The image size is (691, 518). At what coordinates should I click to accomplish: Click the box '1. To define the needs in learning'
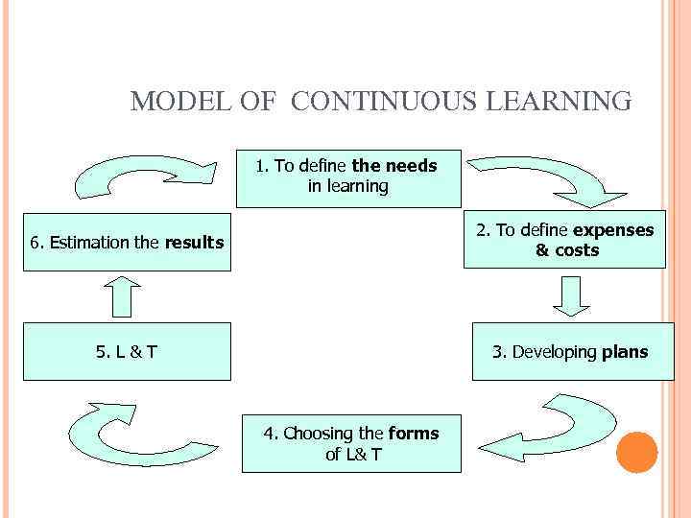click(348, 177)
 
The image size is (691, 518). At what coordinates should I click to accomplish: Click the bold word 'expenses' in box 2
click(613, 230)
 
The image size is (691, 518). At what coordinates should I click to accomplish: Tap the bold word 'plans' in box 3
click(625, 352)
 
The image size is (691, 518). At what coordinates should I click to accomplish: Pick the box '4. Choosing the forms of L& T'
click(351, 444)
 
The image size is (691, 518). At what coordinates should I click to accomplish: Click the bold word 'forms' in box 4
click(414, 434)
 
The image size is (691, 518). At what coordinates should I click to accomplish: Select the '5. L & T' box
click(127, 352)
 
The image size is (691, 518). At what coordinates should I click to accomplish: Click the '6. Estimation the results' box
click(127, 243)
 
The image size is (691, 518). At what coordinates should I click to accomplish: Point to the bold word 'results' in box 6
click(194, 243)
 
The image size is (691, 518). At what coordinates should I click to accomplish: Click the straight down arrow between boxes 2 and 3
click(572, 296)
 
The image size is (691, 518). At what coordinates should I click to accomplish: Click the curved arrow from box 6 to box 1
click(134, 177)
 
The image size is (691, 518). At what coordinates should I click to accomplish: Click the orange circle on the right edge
click(636, 452)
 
